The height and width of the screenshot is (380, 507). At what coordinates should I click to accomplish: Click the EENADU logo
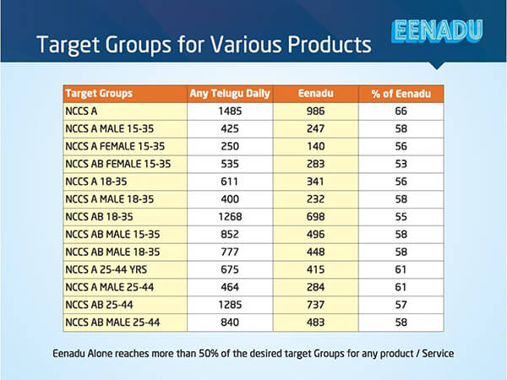[x=438, y=31]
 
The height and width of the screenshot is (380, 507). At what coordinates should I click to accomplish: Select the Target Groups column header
[x=98, y=93]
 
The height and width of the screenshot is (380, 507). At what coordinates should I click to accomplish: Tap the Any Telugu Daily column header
[x=231, y=93]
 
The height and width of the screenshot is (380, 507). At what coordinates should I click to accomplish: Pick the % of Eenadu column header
[x=400, y=93]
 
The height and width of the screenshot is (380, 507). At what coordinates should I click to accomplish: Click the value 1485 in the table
[x=231, y=111]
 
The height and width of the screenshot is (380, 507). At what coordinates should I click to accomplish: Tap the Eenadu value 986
[x=314, y=111]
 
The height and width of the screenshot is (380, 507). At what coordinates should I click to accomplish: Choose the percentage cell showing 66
[x=400, y=111]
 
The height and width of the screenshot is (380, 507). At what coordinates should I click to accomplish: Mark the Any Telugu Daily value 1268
[x=231, y=216]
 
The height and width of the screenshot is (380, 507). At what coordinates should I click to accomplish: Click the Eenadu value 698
[x=314, y=216]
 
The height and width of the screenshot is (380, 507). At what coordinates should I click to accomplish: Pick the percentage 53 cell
[x=400, y=164]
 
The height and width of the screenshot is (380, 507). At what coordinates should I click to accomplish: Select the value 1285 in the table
[x=231, y=305]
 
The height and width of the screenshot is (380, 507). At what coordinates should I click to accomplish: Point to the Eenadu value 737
[x=314, y=305]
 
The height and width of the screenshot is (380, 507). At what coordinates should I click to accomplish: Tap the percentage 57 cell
[x=400, y=305]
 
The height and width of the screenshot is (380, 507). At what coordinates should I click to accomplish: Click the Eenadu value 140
[x=314, y=146]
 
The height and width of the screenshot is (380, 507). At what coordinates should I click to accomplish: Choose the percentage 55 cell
[x=400, y=216]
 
